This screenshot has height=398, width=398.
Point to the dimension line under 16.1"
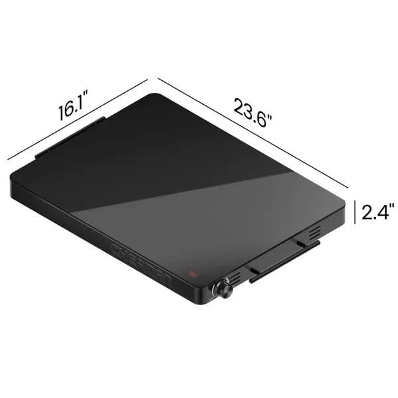pos(76,119)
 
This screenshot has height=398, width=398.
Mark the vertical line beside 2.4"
pos(355,212)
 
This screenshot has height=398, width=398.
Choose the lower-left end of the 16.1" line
pos(8,159)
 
